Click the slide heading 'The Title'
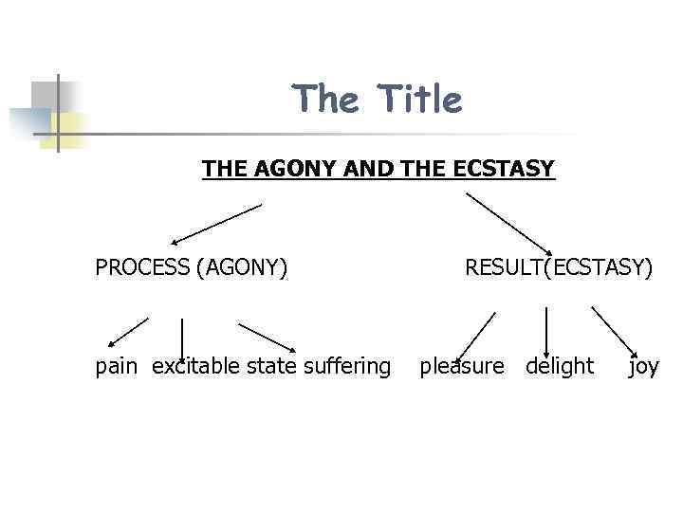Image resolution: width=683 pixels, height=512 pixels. [377, 99]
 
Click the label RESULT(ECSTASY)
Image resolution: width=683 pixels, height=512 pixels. [559, 267]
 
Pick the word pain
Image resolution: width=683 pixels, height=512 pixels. [116, 366]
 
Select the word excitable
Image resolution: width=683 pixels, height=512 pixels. [195, 366]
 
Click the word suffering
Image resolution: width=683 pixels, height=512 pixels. [345, 366]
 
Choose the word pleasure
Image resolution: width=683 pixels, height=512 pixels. [462, 366]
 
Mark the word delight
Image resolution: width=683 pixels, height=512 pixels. [560, 366]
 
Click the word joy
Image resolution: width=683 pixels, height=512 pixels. [643, 366]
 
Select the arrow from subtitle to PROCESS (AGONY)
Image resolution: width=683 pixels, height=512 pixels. [215, 224]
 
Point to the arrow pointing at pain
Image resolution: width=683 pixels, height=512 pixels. [126, 331]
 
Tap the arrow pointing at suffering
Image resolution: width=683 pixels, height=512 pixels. [268, 337]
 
